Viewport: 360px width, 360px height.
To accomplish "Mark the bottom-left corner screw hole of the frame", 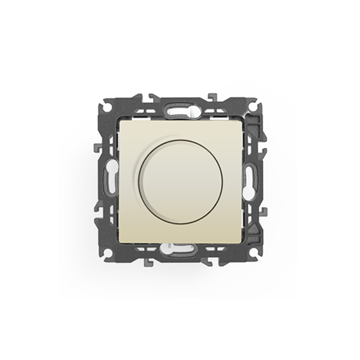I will click(x=107, y=253).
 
